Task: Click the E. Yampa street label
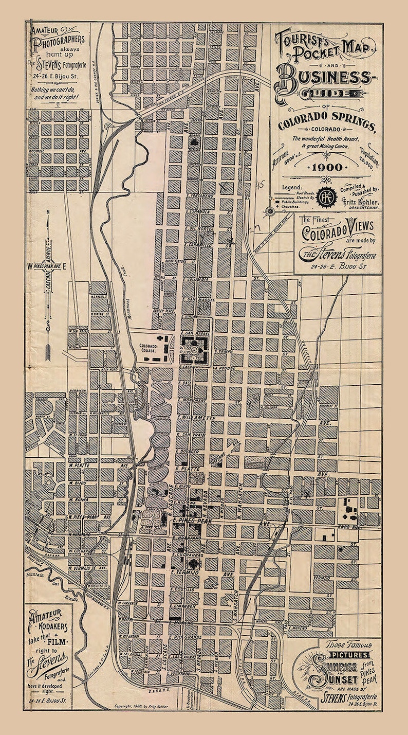point(221,351)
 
